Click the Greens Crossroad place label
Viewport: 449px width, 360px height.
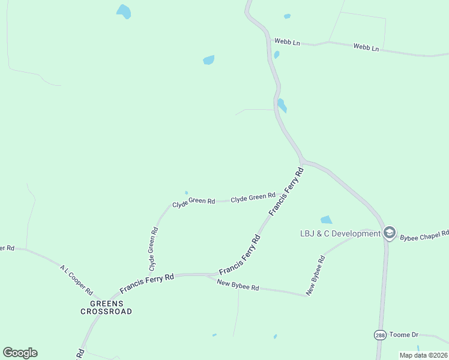[x=107, y=307]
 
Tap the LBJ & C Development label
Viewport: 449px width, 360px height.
[x=340, y=233]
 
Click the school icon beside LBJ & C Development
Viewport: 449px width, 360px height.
[x=389, y=233]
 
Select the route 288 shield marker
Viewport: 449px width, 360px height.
[x=379, y=334]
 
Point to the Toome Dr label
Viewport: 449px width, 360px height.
[x=404, y=334]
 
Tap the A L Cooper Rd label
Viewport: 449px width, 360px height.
[x=76, y=280]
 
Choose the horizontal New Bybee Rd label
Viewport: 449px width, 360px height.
[x=238, y=286]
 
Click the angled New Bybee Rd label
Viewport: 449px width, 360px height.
[x=315, y=275]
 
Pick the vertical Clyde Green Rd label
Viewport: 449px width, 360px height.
[x=153, y=247]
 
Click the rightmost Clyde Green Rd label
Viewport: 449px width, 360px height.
[x=253, y=196]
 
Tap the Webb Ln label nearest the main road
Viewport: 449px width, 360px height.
[x=287, y=42]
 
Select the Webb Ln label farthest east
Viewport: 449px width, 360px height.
[x=366, y=47]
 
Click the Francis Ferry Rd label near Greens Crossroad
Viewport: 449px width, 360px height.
[x=146, y=281]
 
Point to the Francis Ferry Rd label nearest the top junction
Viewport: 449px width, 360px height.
[x=286, y=192]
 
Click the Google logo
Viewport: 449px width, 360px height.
[x=20, y=353]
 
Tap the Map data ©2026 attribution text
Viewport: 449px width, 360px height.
[x=423, y=355]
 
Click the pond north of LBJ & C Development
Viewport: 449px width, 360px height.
[x=326, y=220]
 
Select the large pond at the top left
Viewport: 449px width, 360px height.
[x=124, y=11]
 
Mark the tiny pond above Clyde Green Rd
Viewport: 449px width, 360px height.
[x=186, y=193]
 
